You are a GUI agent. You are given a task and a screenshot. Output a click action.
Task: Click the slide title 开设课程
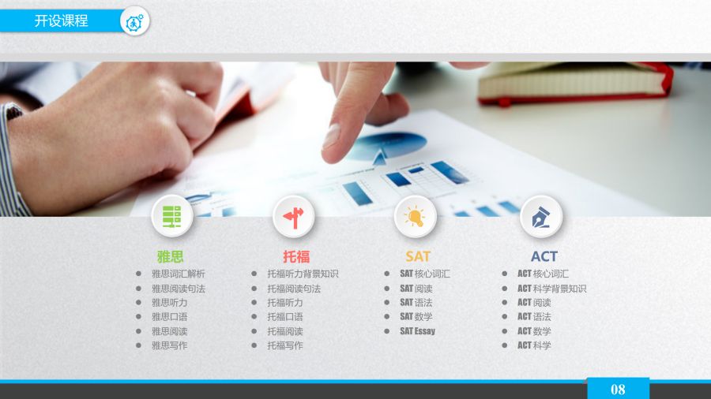(61, 21)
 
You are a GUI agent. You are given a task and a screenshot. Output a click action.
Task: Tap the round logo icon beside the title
(134, 21)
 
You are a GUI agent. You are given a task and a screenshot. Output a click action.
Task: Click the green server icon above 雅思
(172, 216)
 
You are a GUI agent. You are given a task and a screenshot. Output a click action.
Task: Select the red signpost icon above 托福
(293, 216)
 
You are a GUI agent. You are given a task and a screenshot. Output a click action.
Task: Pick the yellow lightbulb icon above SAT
(415, 216)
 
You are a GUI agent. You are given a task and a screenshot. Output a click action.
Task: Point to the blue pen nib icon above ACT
(541, 216)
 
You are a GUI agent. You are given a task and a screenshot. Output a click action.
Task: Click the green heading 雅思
(170, 256)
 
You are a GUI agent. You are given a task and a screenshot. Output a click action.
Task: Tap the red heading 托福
(296, 256)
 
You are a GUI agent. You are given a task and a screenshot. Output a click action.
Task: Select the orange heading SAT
(418, 256)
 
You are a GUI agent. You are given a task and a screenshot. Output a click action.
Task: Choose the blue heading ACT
(544, 256)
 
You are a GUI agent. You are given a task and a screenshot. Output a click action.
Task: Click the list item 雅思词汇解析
(179, 274)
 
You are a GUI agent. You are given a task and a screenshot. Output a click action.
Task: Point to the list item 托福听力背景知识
(303, 274)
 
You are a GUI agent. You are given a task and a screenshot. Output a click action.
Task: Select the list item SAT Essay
(418, 331)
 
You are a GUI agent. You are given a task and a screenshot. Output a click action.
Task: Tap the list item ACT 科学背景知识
(552, 289)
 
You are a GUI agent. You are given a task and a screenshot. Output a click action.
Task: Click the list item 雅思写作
(169, 345)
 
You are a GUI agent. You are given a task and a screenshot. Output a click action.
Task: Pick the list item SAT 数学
(416, 317)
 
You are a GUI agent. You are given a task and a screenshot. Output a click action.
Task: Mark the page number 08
(618, 390)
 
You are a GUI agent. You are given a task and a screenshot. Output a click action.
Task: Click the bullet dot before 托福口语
(254, 317)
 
